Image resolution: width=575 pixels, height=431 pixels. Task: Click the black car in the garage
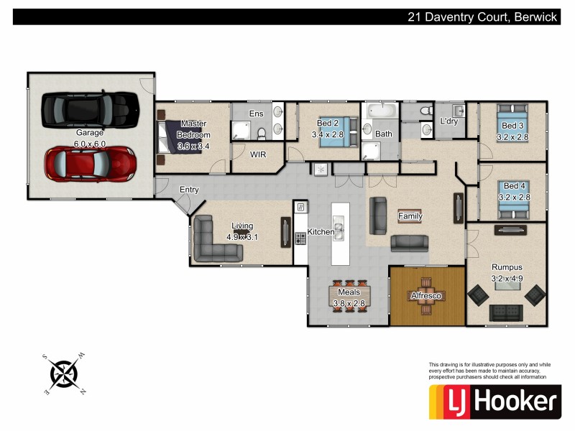coord(90,109)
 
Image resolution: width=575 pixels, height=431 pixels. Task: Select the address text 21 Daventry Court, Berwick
coord(481,17)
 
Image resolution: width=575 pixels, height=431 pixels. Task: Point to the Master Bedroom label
coord(193,129)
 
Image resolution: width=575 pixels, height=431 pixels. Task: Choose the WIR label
coord(259,154)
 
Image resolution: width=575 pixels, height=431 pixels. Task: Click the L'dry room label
coord(448,121)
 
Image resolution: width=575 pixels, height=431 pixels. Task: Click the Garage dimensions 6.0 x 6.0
coord(91,144)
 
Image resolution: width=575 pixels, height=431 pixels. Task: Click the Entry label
coord(189,190)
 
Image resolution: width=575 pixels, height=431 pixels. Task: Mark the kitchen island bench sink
coord(339,229)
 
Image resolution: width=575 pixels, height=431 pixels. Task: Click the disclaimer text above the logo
coord(488,371)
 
